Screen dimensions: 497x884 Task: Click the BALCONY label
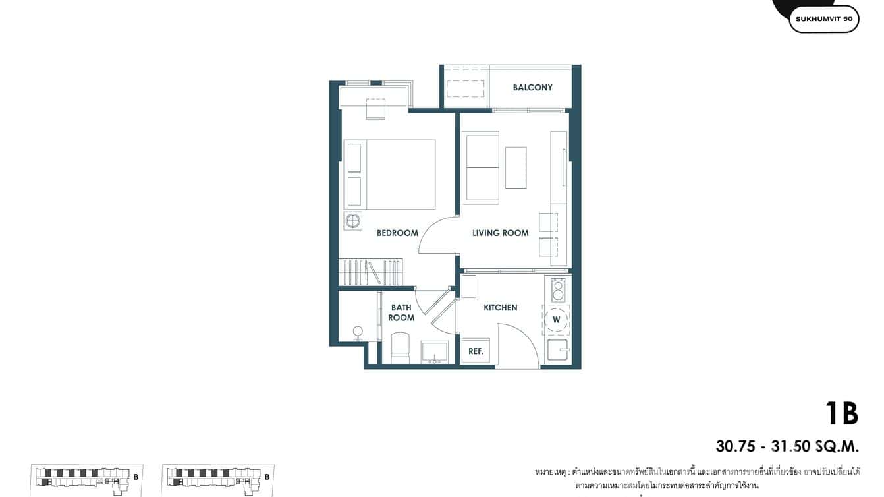click(532, 88)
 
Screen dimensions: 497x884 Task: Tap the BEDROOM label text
click(397, 233)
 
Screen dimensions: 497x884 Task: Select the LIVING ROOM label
click(500, 233)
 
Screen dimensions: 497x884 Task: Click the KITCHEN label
click(500, 308)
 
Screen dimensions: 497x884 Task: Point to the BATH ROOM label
click(401, 312)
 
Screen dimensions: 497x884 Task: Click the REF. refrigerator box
click(476, 351)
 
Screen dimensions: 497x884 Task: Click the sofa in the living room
click(481, 167)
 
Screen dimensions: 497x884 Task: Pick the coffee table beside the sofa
click(516, 167)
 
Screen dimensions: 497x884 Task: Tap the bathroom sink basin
click(435, 352)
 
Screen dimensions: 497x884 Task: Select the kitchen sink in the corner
click(557, 350)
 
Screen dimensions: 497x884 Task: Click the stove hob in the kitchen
click(558, 290)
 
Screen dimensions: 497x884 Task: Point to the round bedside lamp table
click(353, 220)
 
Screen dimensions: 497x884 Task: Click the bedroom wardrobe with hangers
click(370, 272)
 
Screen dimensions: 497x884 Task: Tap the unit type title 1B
click(841, 414)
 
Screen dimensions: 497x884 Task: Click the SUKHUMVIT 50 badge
click(823, 19)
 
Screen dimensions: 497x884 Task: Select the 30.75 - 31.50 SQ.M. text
click(787, 446)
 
